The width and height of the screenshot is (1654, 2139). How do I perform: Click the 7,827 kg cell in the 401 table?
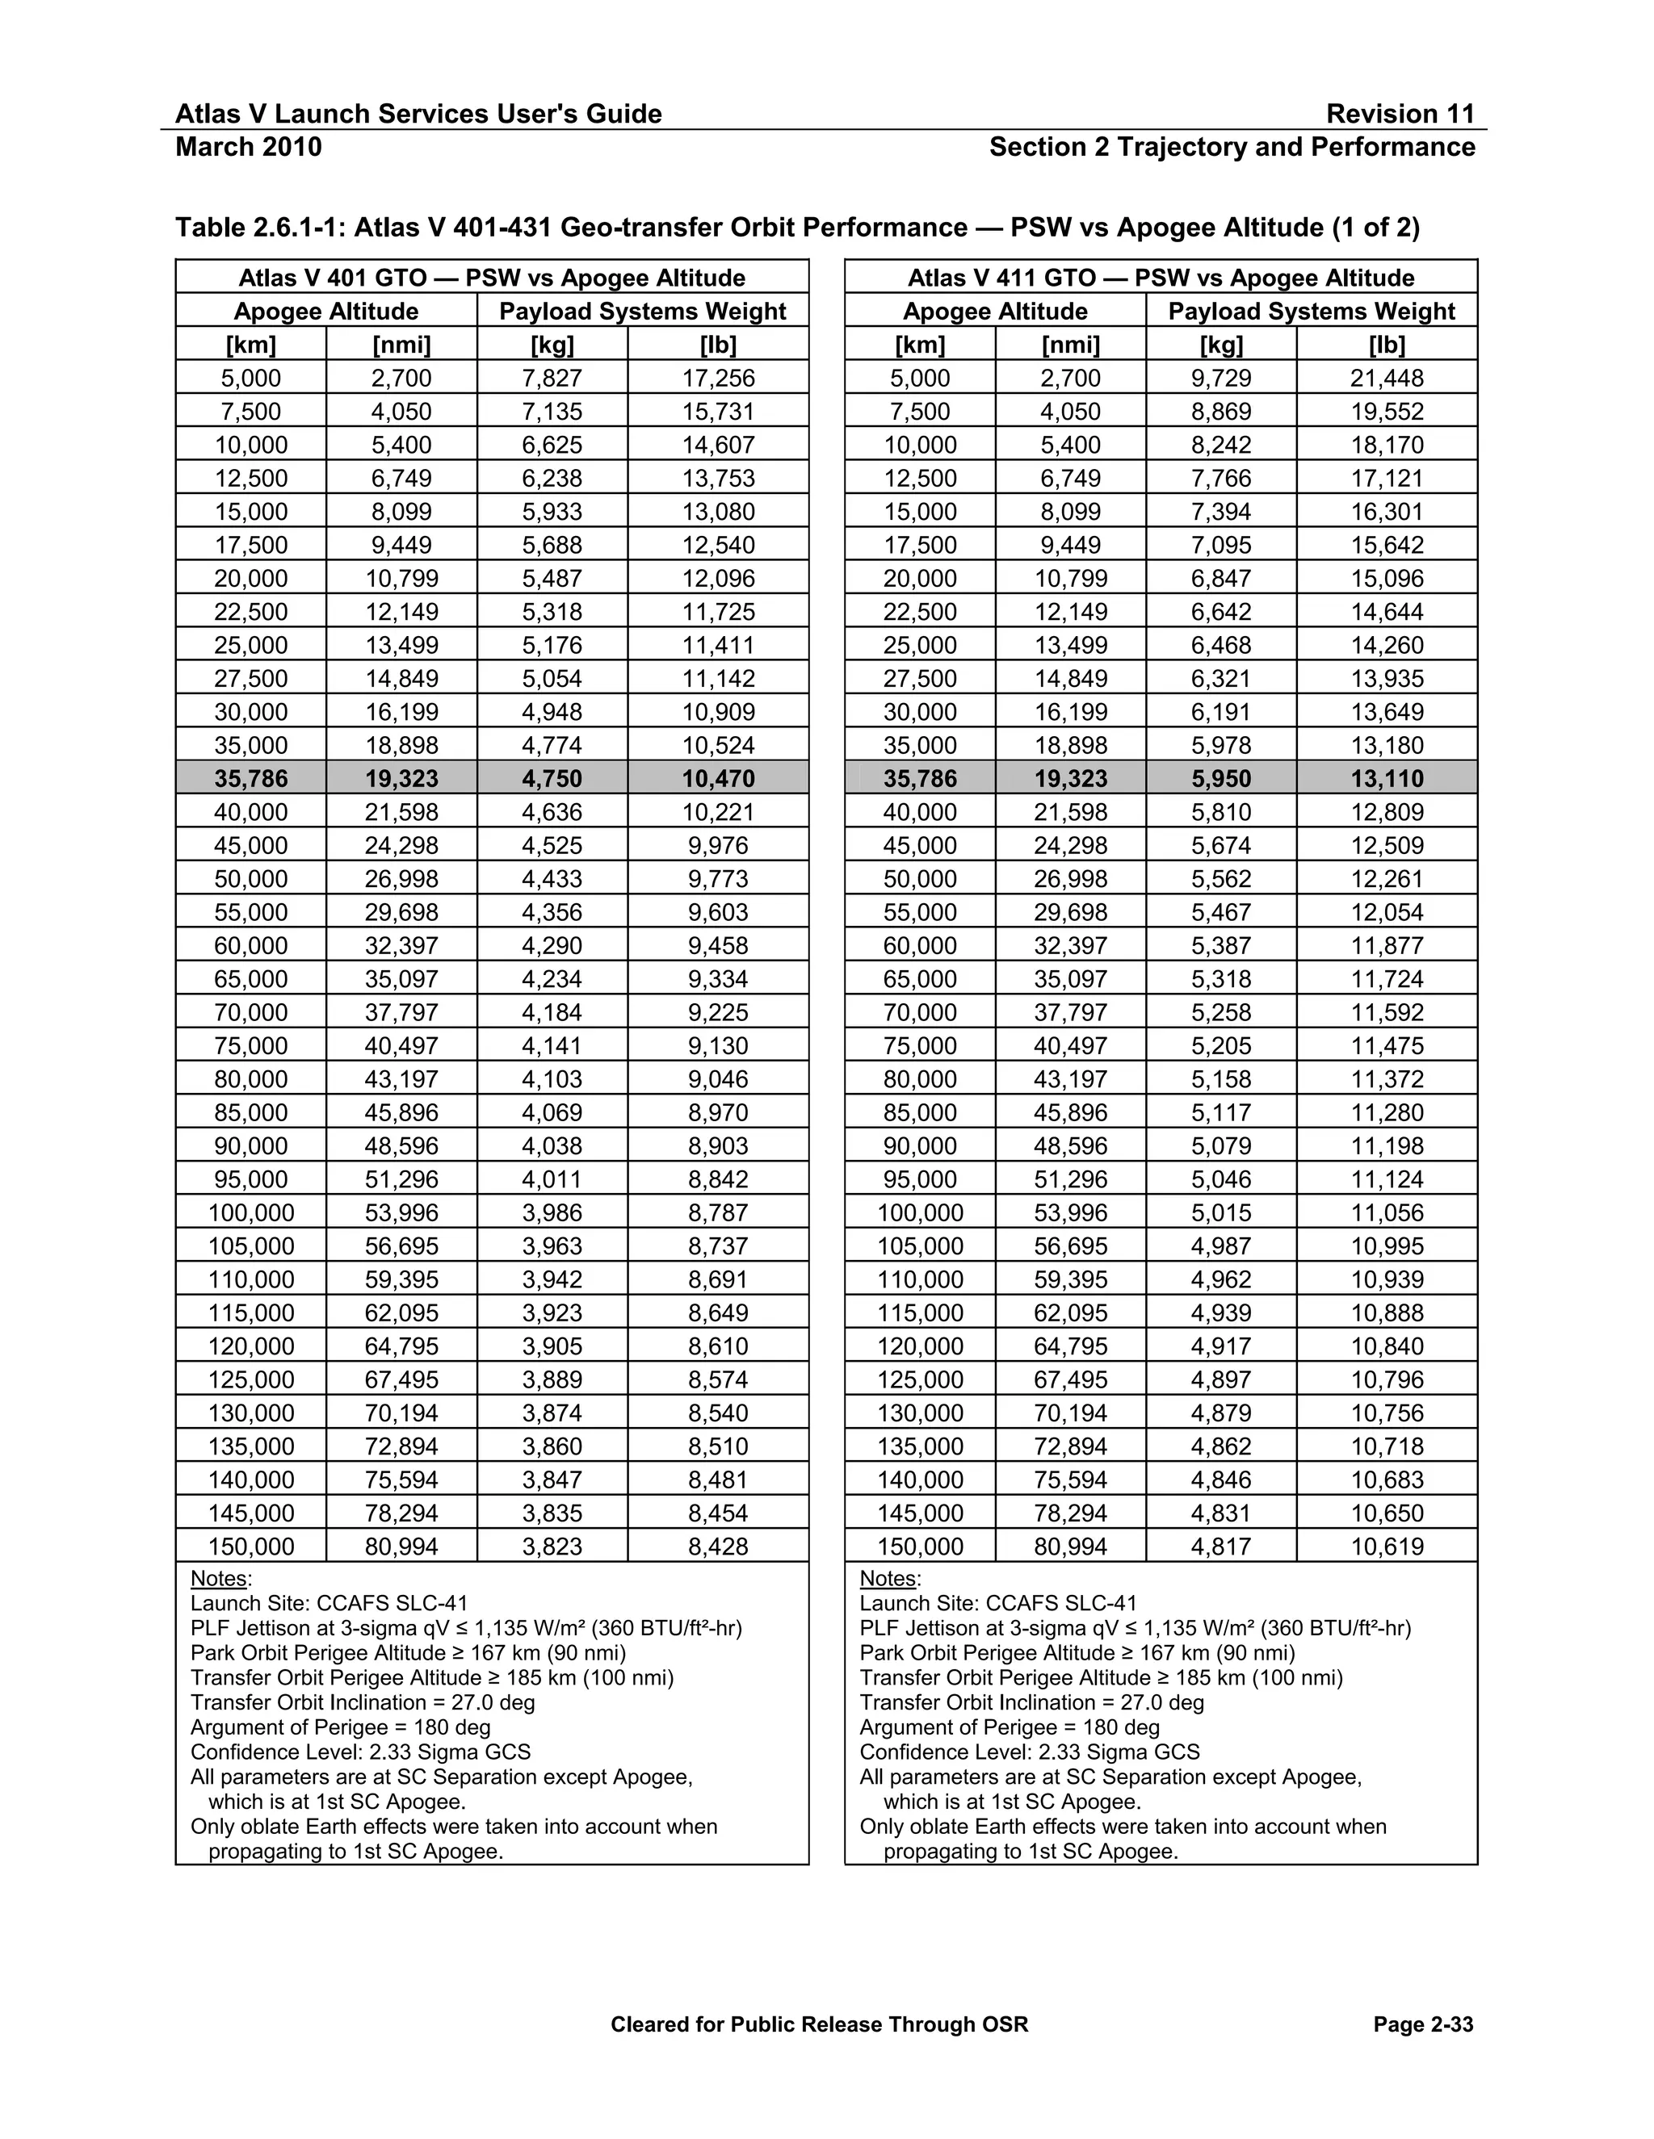[x=552, y=378]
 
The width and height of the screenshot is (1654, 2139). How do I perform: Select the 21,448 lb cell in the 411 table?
[x=1387, y=378]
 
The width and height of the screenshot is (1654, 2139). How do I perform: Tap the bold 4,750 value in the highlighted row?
[x=552, y=779]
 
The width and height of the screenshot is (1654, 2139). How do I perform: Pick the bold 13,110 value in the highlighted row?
[x=1387, y=779]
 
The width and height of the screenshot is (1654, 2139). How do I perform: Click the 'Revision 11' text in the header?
[x=1400, y=114]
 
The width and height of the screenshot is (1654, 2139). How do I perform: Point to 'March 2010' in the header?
[x=248, y=147]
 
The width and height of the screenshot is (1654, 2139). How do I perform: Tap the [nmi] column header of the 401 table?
[x=401, y=345]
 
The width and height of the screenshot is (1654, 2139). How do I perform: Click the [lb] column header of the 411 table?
[x=1387, y=345]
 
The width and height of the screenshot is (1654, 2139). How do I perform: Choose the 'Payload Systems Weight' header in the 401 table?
[x=642, y=312]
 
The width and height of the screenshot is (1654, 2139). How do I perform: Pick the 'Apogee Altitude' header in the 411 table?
[x=994, y=312]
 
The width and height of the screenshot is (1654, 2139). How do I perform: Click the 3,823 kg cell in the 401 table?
[x=552, y=1547]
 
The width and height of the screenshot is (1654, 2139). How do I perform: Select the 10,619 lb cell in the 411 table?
[x=1387, y=1547]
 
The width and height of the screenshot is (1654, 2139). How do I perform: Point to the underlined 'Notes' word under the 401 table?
[x=220, y=1579]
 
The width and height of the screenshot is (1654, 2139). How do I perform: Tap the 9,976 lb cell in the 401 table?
[x=717, y=845]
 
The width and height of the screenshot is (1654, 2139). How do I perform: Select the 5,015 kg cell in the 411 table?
[x=1221, y=1212]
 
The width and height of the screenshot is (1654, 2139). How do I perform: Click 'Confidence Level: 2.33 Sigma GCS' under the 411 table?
[x=1029, y=1752]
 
